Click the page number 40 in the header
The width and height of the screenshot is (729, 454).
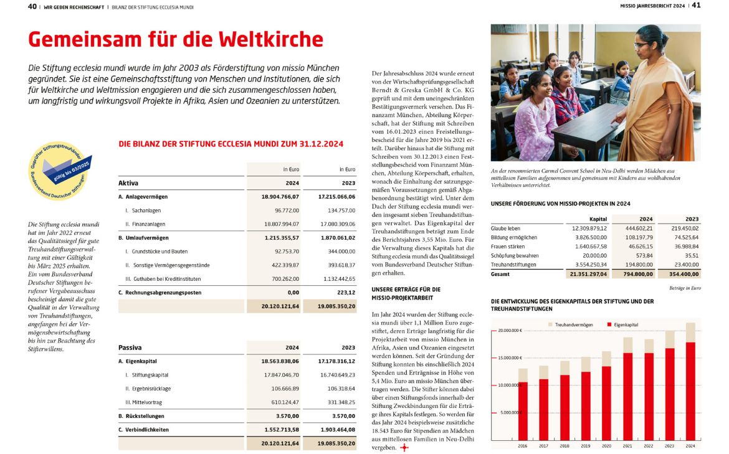(x=32, y=7)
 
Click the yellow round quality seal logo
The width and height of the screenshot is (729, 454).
(x=61, y=169)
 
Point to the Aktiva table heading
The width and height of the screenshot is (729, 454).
(x=128, y=184)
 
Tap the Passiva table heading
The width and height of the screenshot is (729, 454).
(x=130, y=348)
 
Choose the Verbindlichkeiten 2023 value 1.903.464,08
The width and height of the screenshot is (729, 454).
(x=337, y=430)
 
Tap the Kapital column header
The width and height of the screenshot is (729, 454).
(x=598, y=219)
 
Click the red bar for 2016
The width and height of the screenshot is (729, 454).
(x=523, y=411)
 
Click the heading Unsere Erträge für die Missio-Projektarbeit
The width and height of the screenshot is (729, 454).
(x=406, y=293)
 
